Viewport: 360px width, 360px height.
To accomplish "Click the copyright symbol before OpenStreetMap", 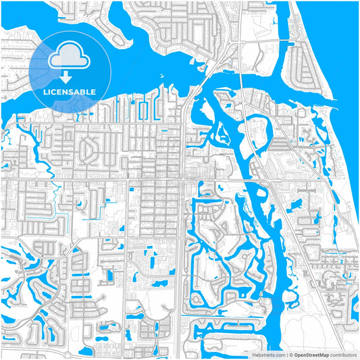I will click(289, 354).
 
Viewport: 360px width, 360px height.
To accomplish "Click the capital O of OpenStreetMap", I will click(294, 354).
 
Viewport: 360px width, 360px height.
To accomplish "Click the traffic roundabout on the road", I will click(66, 354).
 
